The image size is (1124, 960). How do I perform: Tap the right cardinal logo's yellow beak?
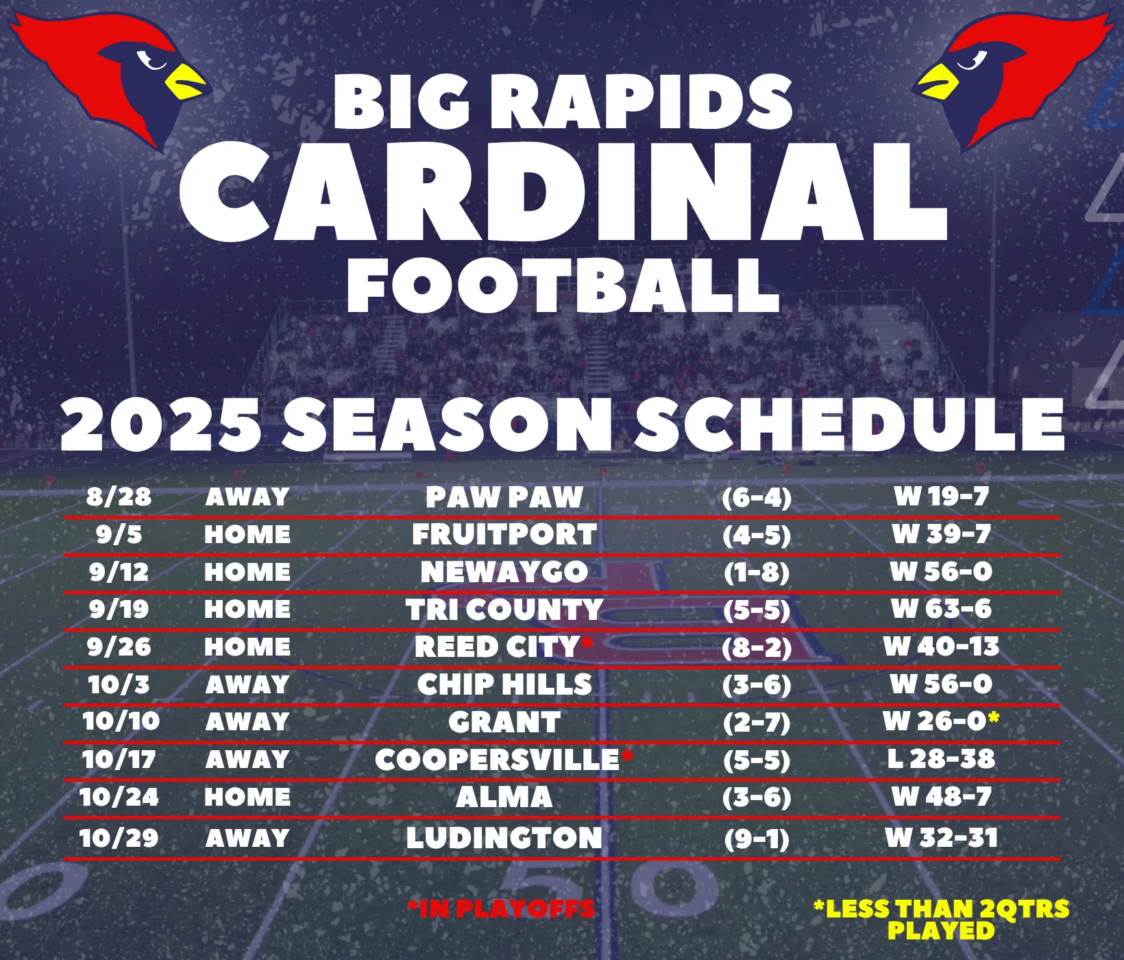tap(936, 82)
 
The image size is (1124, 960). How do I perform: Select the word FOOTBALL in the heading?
tap(563, 286)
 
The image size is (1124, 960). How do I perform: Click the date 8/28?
tap(119, 496)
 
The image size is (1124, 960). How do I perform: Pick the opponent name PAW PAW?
tap(504, 497)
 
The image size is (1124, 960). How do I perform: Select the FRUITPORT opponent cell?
tap(504, 535)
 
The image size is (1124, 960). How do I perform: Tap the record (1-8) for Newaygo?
tap(757, 572)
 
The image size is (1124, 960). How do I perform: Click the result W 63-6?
tap(941, 609)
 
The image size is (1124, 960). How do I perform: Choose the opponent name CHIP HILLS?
tap(504, 684)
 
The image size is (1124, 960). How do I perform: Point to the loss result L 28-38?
tap(941, 759)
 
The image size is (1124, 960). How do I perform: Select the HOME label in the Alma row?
tap(247, 797)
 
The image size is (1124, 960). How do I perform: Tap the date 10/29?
tap(119, 838)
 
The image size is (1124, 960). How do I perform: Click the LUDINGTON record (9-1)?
tap(757, 839)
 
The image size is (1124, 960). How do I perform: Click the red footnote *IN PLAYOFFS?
tap(501, 909)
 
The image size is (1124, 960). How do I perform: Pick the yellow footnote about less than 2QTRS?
tap(941, 920)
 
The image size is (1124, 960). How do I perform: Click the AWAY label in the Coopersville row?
tap(247, 760)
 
